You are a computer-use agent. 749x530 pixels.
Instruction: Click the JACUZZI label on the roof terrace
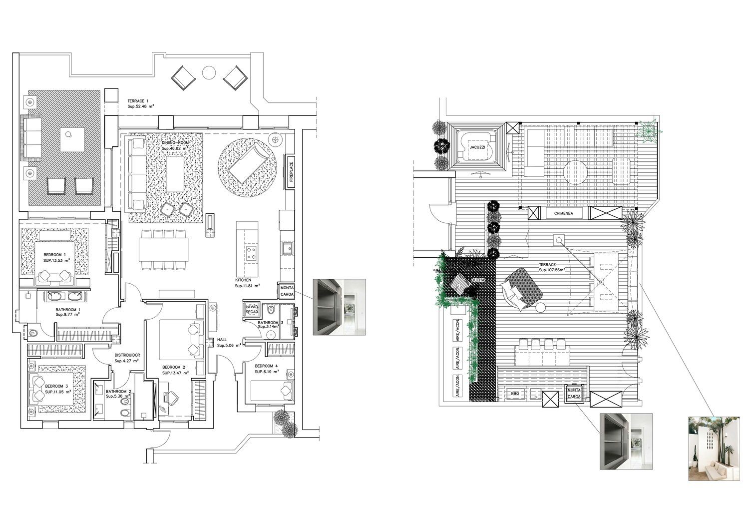[x=474, y=148]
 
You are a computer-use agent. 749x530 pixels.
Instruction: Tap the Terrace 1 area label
[x=138, y=103]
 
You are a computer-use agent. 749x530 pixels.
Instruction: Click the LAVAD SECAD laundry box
[x=252, y=309]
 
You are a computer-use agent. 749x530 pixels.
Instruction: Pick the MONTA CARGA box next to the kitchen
[x=287, y=291]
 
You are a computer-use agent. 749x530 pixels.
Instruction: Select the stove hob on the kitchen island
[x=251, y=252]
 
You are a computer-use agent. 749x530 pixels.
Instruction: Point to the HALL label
[x=222, y=342]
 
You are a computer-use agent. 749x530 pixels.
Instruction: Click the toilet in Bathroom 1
[x=34, y=332]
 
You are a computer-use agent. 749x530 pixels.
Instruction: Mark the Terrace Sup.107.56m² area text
[x=551, y=267]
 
